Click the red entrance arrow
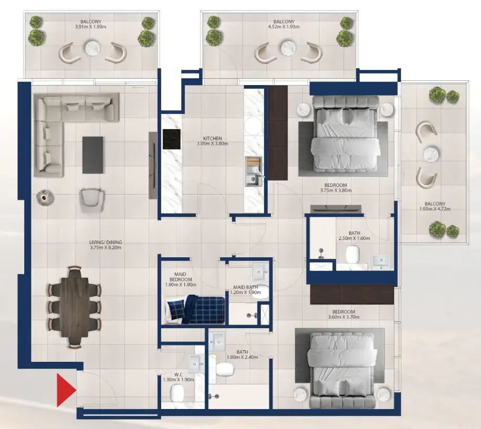click(x=66, y=390)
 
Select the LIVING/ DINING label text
click(x=105, y=242)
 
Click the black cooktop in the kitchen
click(x=172, y=139)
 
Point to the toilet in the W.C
click(x=178, y=392)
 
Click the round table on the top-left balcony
click(x=93, y=49)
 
